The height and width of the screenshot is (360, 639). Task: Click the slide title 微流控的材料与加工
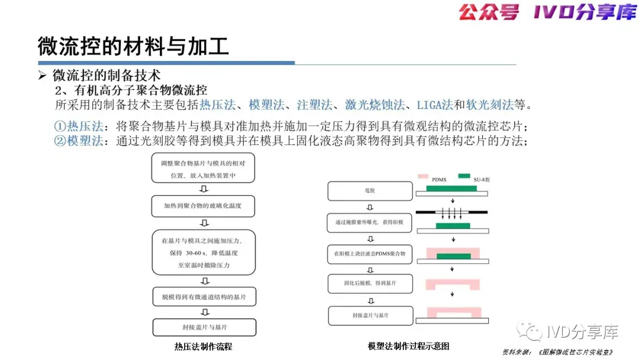[133, 46]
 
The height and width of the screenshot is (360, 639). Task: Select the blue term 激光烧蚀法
[375, 105]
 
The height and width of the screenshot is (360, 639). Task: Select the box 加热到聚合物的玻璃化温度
[204, 206]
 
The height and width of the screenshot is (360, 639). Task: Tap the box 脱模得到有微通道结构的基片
[204, 296]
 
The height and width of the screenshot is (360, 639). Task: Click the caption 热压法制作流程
[204, 346]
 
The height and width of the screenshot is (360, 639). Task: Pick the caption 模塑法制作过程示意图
[409, 346]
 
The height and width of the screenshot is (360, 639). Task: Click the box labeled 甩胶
[370, 191]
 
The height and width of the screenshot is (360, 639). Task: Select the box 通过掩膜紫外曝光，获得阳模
[370, 223]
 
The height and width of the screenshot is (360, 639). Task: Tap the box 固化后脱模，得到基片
[370, 284]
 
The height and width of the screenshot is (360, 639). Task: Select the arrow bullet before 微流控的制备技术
[42, 76]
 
